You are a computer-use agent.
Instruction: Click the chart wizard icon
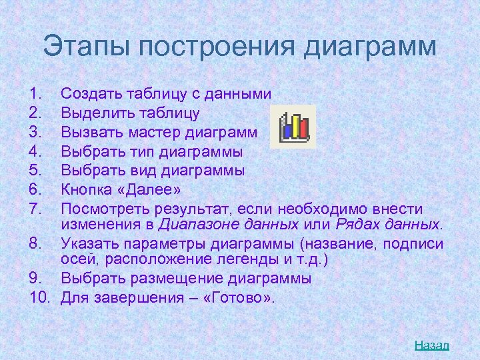click(294, 126)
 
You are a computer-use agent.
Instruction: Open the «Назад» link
click(432, 345)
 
